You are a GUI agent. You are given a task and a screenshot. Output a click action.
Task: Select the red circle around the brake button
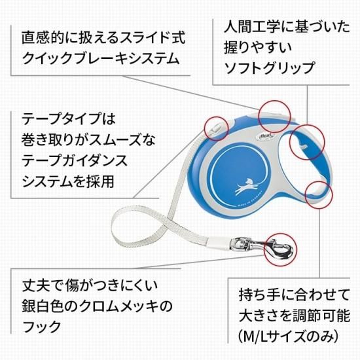pyautogui.click(x=275, y=117)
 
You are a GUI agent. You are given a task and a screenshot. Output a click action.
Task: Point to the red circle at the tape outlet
pyautogui.click(x=216, y=128)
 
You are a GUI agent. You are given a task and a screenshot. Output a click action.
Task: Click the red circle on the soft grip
pyautogui.click(x=307, y=142)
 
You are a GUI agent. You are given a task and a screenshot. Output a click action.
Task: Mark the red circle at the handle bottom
pyautogui.click(x=319, y=194)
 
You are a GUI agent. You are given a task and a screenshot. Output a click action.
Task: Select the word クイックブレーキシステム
pyautogui.click(x=101, y=58)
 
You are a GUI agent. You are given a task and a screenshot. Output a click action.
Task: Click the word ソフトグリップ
pyautogui.click(x=269, y=68)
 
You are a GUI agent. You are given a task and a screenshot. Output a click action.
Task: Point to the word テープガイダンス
pyautogui.click(x=75, y=161)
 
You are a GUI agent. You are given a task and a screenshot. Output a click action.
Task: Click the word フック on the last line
pyautogui.click(x=41, y=327)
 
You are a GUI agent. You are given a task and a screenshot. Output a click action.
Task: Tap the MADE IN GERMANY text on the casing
pyautogui.click(x=250, y=199)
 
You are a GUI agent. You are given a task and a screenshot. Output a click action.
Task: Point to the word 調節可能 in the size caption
pyautogui.click(x=321, y=316)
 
